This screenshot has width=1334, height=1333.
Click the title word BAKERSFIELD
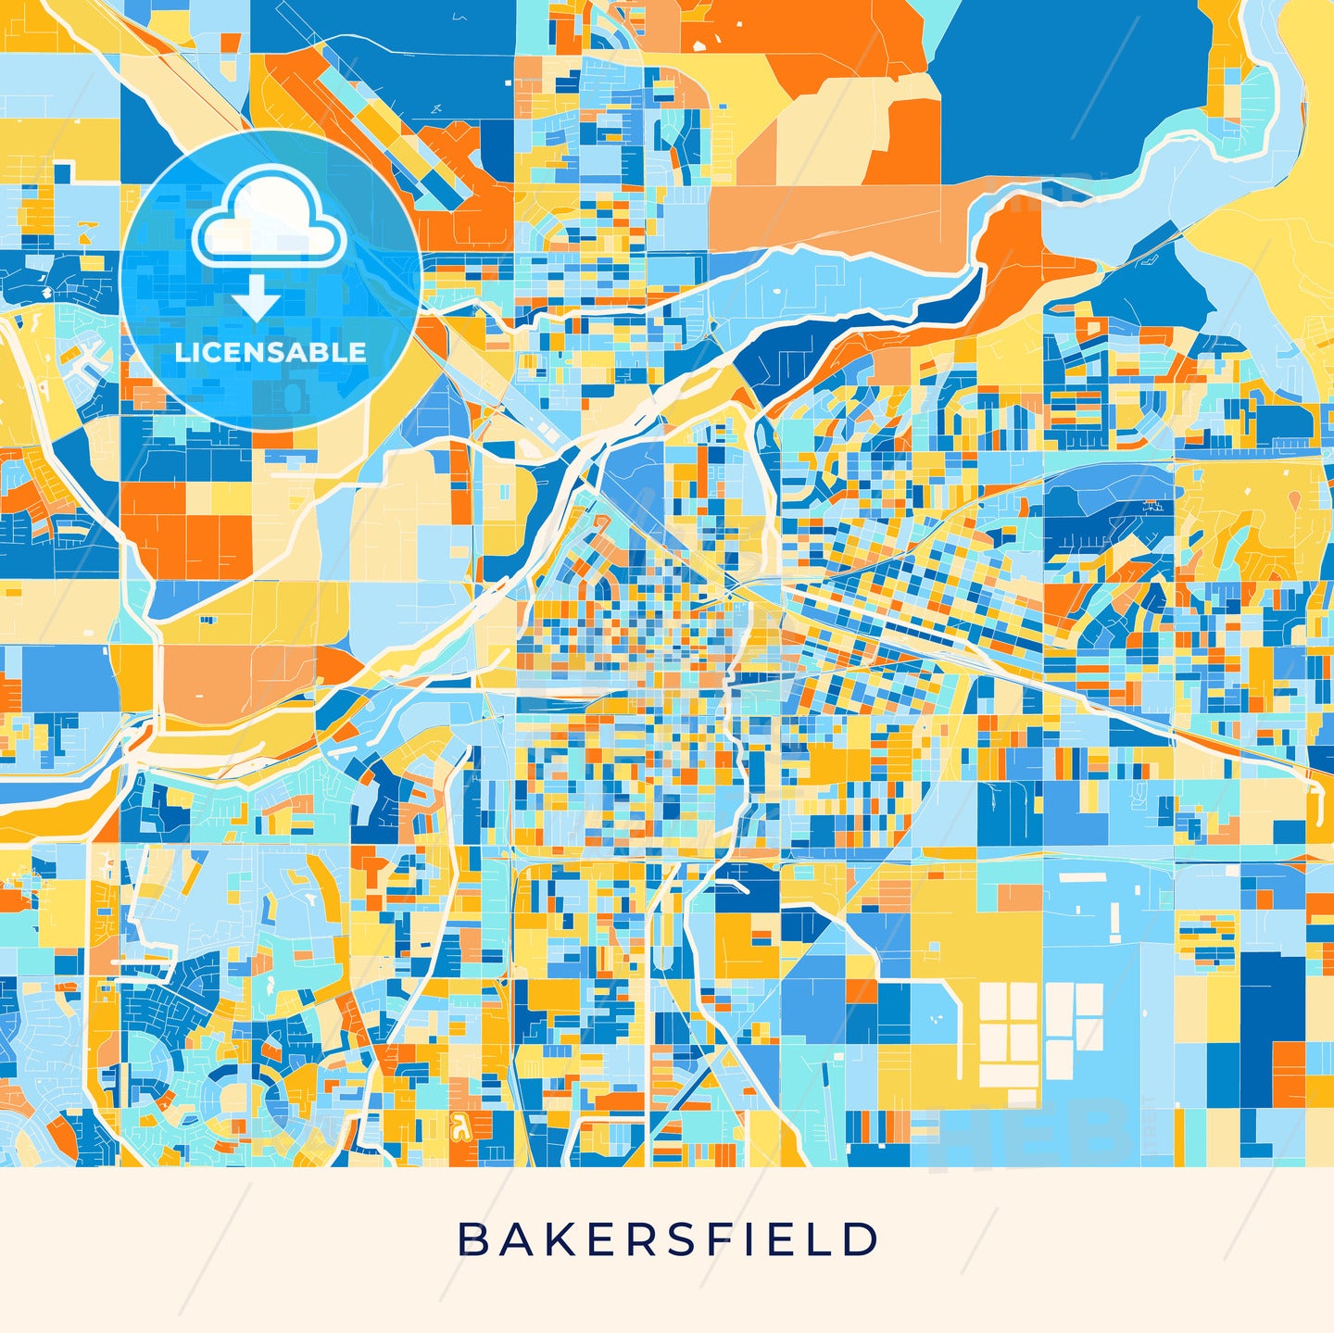(x=668, y=1239)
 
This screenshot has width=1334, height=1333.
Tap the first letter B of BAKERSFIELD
(x=472, y=1239)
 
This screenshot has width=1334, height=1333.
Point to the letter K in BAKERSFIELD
(x=555, y=1239)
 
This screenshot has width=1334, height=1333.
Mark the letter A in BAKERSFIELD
(x=512, y=1239)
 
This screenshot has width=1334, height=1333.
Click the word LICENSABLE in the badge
(x=271, y=352)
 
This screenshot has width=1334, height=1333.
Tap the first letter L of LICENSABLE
(x=182, y=352)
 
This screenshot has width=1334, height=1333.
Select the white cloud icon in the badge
(x=269, y=218)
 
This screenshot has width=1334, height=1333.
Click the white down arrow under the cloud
(x=257, y=301)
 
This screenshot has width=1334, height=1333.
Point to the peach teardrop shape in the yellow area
(x=1294, y=499)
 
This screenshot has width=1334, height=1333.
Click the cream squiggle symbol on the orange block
(x=457, y=1127)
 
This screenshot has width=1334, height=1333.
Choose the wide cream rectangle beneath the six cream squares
(x=1009, y=1075)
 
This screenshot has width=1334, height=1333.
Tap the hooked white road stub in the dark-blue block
(x=736, y=887)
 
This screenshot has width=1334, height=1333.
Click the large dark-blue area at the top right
(x=1065, y=83)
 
